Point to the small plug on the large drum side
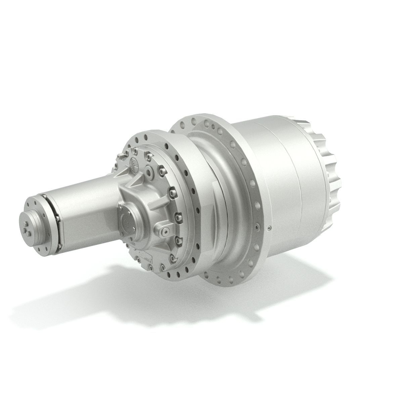coord(269,229)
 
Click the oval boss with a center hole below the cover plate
coord(164,231)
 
